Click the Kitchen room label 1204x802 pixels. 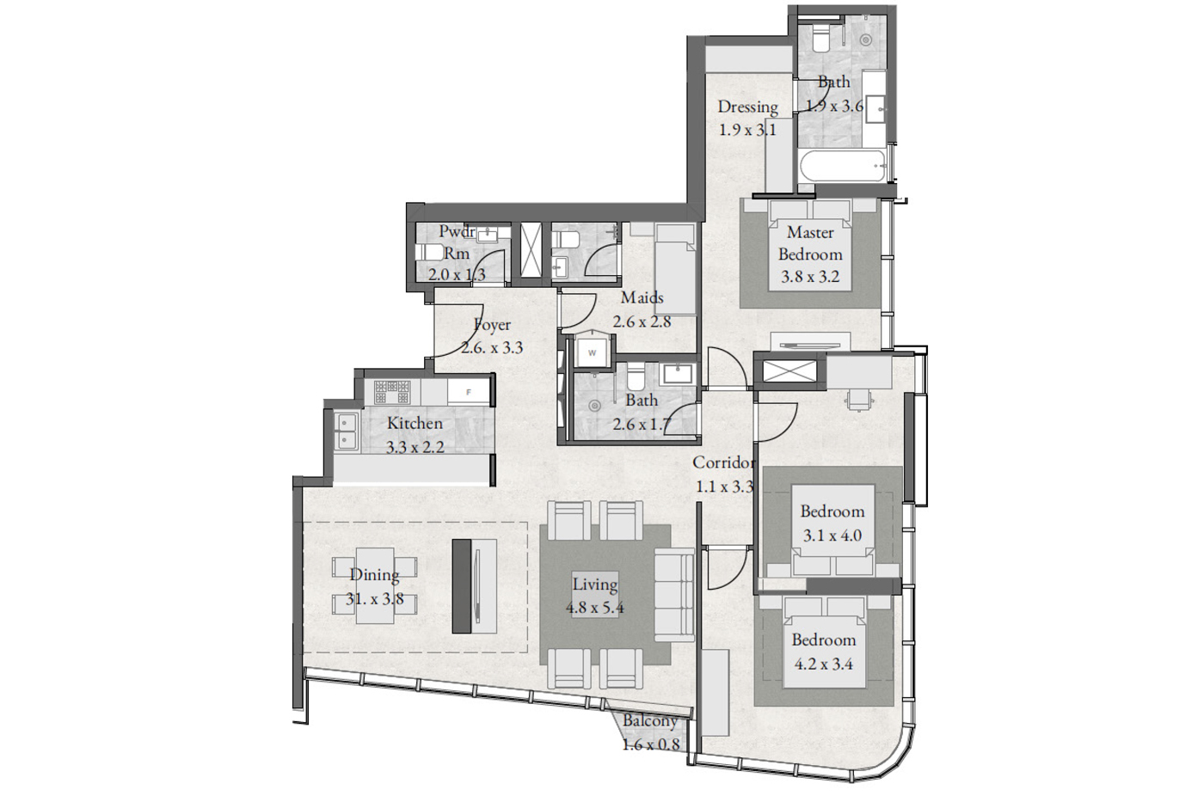pyautogui.click(x=415, y=423)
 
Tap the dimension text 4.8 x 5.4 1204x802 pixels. pyautogui.click(x=594, y=608)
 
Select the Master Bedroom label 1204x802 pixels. pyautogui.click(x=810, y=243)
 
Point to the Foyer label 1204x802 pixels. pyautogui.click(x=492, y=325)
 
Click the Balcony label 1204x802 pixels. pyautogui.click(x=650, y=721)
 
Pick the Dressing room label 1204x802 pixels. pyautogui.click(x=747, y=107)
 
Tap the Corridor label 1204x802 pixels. pyautogui.click(x=723, y=462)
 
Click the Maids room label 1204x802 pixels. pyautogui.click(x=642, y=297)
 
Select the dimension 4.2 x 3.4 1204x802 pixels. pyautogui.click(x=824, y=664)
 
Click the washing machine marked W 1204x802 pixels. pyautogui.click(x=593, y=352)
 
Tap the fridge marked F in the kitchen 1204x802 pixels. pyautogui.click(x=468, y=392)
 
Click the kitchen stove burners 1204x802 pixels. pyautogui.click(x=392, y=392)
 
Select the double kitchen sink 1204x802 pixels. pyautogui.click(x=345, y=432)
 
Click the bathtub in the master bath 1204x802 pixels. pyautogui.click(x=842, y=166)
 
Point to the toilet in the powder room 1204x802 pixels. pyautogui.click(x=429, y=254)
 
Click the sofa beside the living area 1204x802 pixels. pyautogui.click(x=674, y=595)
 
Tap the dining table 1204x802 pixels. pyautogui.click(x=375, y=585)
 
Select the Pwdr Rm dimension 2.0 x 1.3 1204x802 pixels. pyautogui.click(x=457, y=275)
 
